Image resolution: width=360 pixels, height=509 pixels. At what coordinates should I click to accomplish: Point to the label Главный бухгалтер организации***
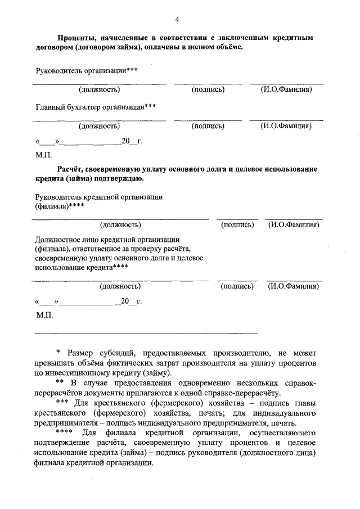click(x=96, y=106)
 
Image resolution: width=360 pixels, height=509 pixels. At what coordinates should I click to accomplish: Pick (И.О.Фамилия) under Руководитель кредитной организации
click(x=294, y=225)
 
